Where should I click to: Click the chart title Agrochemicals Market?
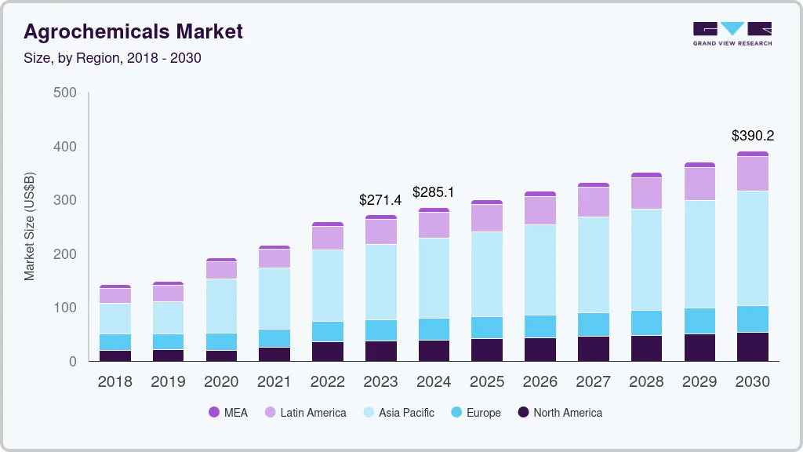pyautogui.click(x=133, y=31)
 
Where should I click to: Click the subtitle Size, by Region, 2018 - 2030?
pyautogui.click(x=112, y=58)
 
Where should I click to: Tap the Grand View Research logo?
pyautogui.click(x=732, y=34)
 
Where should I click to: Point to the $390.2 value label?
pyautogui.click(x=753, y=136)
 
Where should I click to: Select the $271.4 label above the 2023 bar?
pyautogui.click(x=380, y=199)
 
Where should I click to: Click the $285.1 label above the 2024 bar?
pyautogui.click(x=434, y=192)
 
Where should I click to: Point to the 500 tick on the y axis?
pyautogui.click(x=65, y=93)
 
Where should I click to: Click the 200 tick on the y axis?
pyautogui.click(x=65, y=254)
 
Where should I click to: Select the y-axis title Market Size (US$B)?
pyautogui.click(x=30, y=227)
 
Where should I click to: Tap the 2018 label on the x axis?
pyautogui.click(x=114, y=382)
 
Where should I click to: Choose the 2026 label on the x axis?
pyautogui.click(x=540, y=382)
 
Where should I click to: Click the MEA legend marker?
pyautogui.click(x=213, y=413)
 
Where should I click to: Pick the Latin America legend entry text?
pyautogui.click(x=313, y=413)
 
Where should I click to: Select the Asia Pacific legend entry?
pyautogui.click(x=406, y=413)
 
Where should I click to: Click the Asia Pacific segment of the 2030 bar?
pyautogui.click(x=753, y=248)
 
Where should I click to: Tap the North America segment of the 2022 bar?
pyautogui.click(x=327, y=352)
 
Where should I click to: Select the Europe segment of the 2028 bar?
pyautogui.click(x=646, y=323)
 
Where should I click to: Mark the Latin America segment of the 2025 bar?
pyautogui.click(x=487, y=218)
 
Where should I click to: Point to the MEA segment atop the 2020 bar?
pyautogui.click(x=221, y=260)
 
